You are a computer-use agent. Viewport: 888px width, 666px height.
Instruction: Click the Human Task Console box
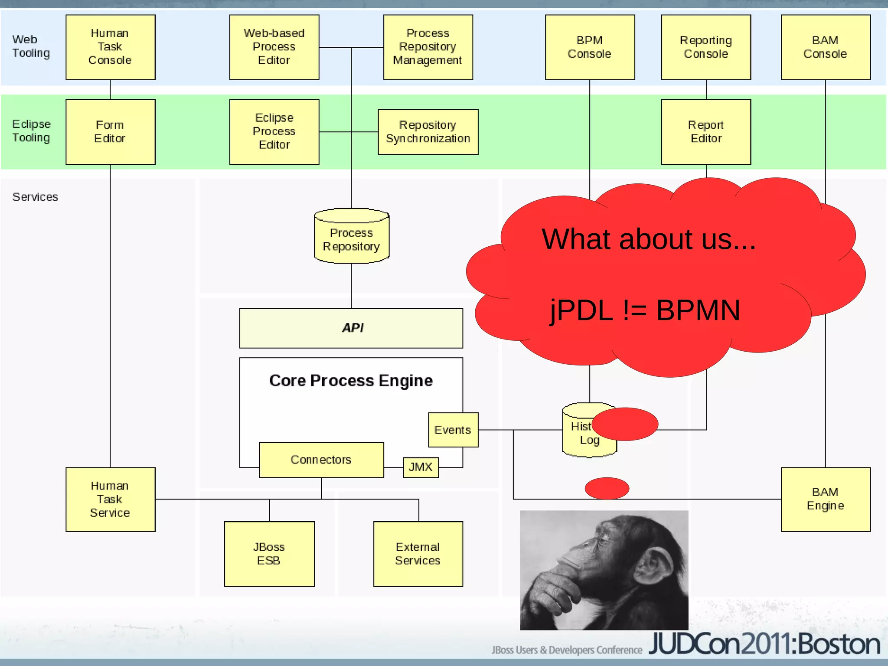tap(110, 47)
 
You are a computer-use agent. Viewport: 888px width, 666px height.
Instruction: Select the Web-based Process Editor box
tap(274, 47)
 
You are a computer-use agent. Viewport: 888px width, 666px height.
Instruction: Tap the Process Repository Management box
tap(428, 47)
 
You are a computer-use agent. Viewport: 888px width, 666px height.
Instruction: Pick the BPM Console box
tap(590, 47)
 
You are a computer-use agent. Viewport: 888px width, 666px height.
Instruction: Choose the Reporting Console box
tap(706, 47)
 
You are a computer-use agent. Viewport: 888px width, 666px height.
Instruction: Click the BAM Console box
tap(825, 47)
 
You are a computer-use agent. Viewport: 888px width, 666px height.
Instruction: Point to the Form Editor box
tap(110, 132)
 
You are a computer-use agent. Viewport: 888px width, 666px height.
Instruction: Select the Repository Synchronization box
tap(428, 132)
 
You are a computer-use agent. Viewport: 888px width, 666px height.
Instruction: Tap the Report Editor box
tap(706, 132)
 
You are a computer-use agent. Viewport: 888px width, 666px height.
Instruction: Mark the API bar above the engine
tap(351, 328)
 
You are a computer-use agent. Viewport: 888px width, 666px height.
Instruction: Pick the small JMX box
tap(421, 467)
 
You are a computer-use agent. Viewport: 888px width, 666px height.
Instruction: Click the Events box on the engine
tap(453, 430)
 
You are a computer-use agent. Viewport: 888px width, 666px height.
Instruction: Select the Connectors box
tap(321, 460)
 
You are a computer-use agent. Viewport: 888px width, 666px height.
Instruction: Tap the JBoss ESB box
tap(269, 554)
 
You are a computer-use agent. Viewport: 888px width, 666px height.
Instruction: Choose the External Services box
tap(418, 554)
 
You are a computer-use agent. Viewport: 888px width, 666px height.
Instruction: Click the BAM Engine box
tap(825, 499)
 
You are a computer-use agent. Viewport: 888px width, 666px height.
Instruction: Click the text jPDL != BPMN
tap(645, 310)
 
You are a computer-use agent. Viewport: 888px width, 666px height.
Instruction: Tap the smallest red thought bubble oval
tap(607, 488)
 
